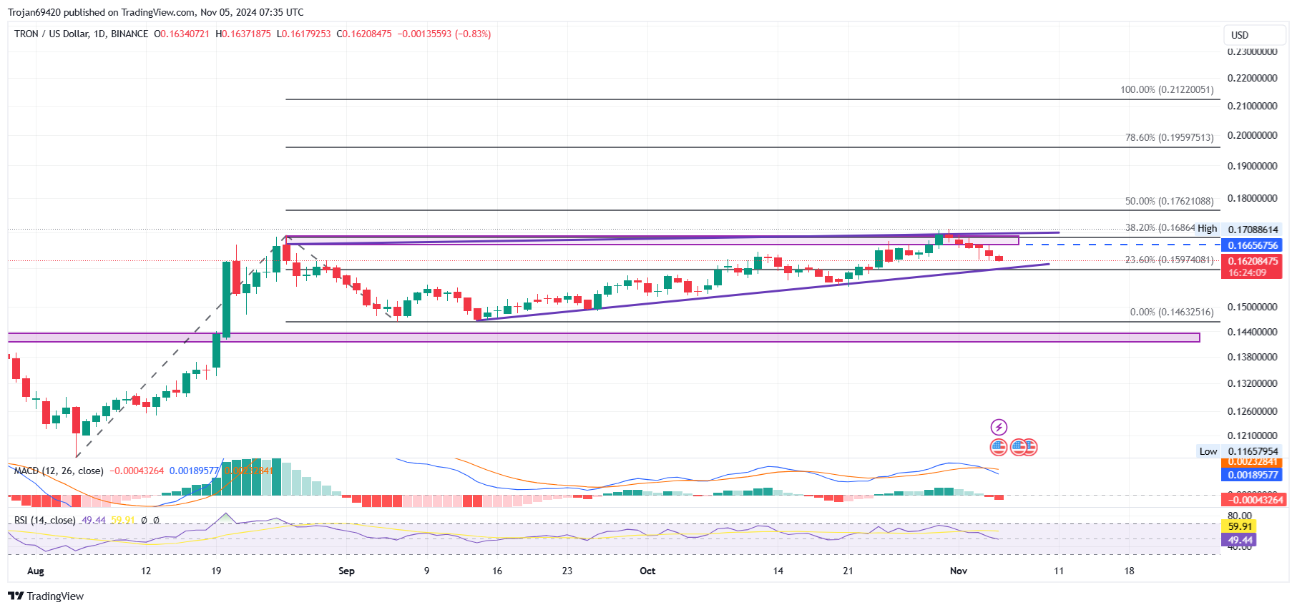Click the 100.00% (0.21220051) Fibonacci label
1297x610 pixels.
[1166, 90]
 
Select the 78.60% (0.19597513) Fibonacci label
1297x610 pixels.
[1169, 137]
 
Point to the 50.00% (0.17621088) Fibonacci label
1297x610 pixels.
[1169, 202]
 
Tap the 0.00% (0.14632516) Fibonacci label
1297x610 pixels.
[1171, 312]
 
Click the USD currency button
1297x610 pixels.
[1240, 35]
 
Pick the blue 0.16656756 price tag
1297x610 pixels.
[1253, 245]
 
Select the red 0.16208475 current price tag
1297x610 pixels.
[1253, 262]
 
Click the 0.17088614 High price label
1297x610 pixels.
[1253, 230]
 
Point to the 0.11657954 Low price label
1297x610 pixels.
[1253, 451]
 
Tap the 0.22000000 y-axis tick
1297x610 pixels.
[1252, 78]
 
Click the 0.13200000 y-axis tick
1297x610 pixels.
[1252, 383]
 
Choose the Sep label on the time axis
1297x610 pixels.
[346, 571]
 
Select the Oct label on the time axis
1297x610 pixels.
[647, 571]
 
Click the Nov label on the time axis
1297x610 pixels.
[959, 571]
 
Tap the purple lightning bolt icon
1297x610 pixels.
[999, 428]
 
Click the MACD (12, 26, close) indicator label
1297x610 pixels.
[59, 471]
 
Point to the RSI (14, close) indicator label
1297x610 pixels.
[44, 520]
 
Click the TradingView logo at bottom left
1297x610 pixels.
[46, 596]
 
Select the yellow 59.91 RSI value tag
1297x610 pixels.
[1240, 526]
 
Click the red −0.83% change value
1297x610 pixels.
[473, 34]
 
